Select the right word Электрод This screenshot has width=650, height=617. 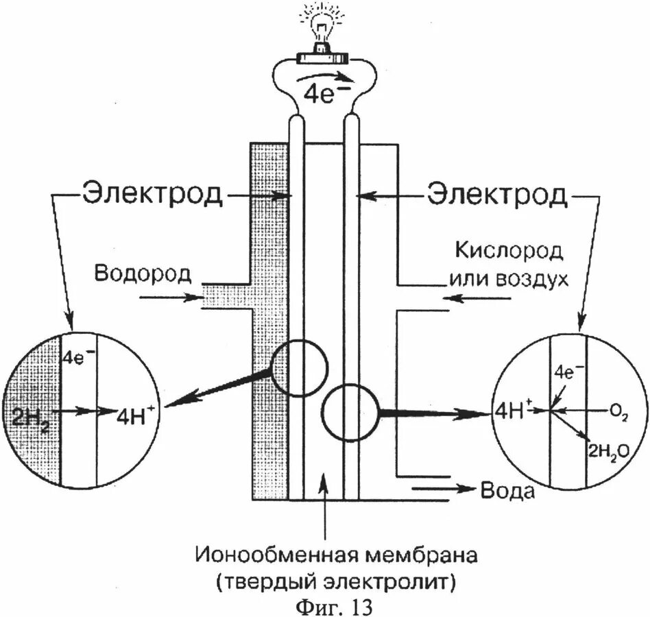(498, 195)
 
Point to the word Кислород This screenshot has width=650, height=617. (508, 252)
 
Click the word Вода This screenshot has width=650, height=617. (507, 491)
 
